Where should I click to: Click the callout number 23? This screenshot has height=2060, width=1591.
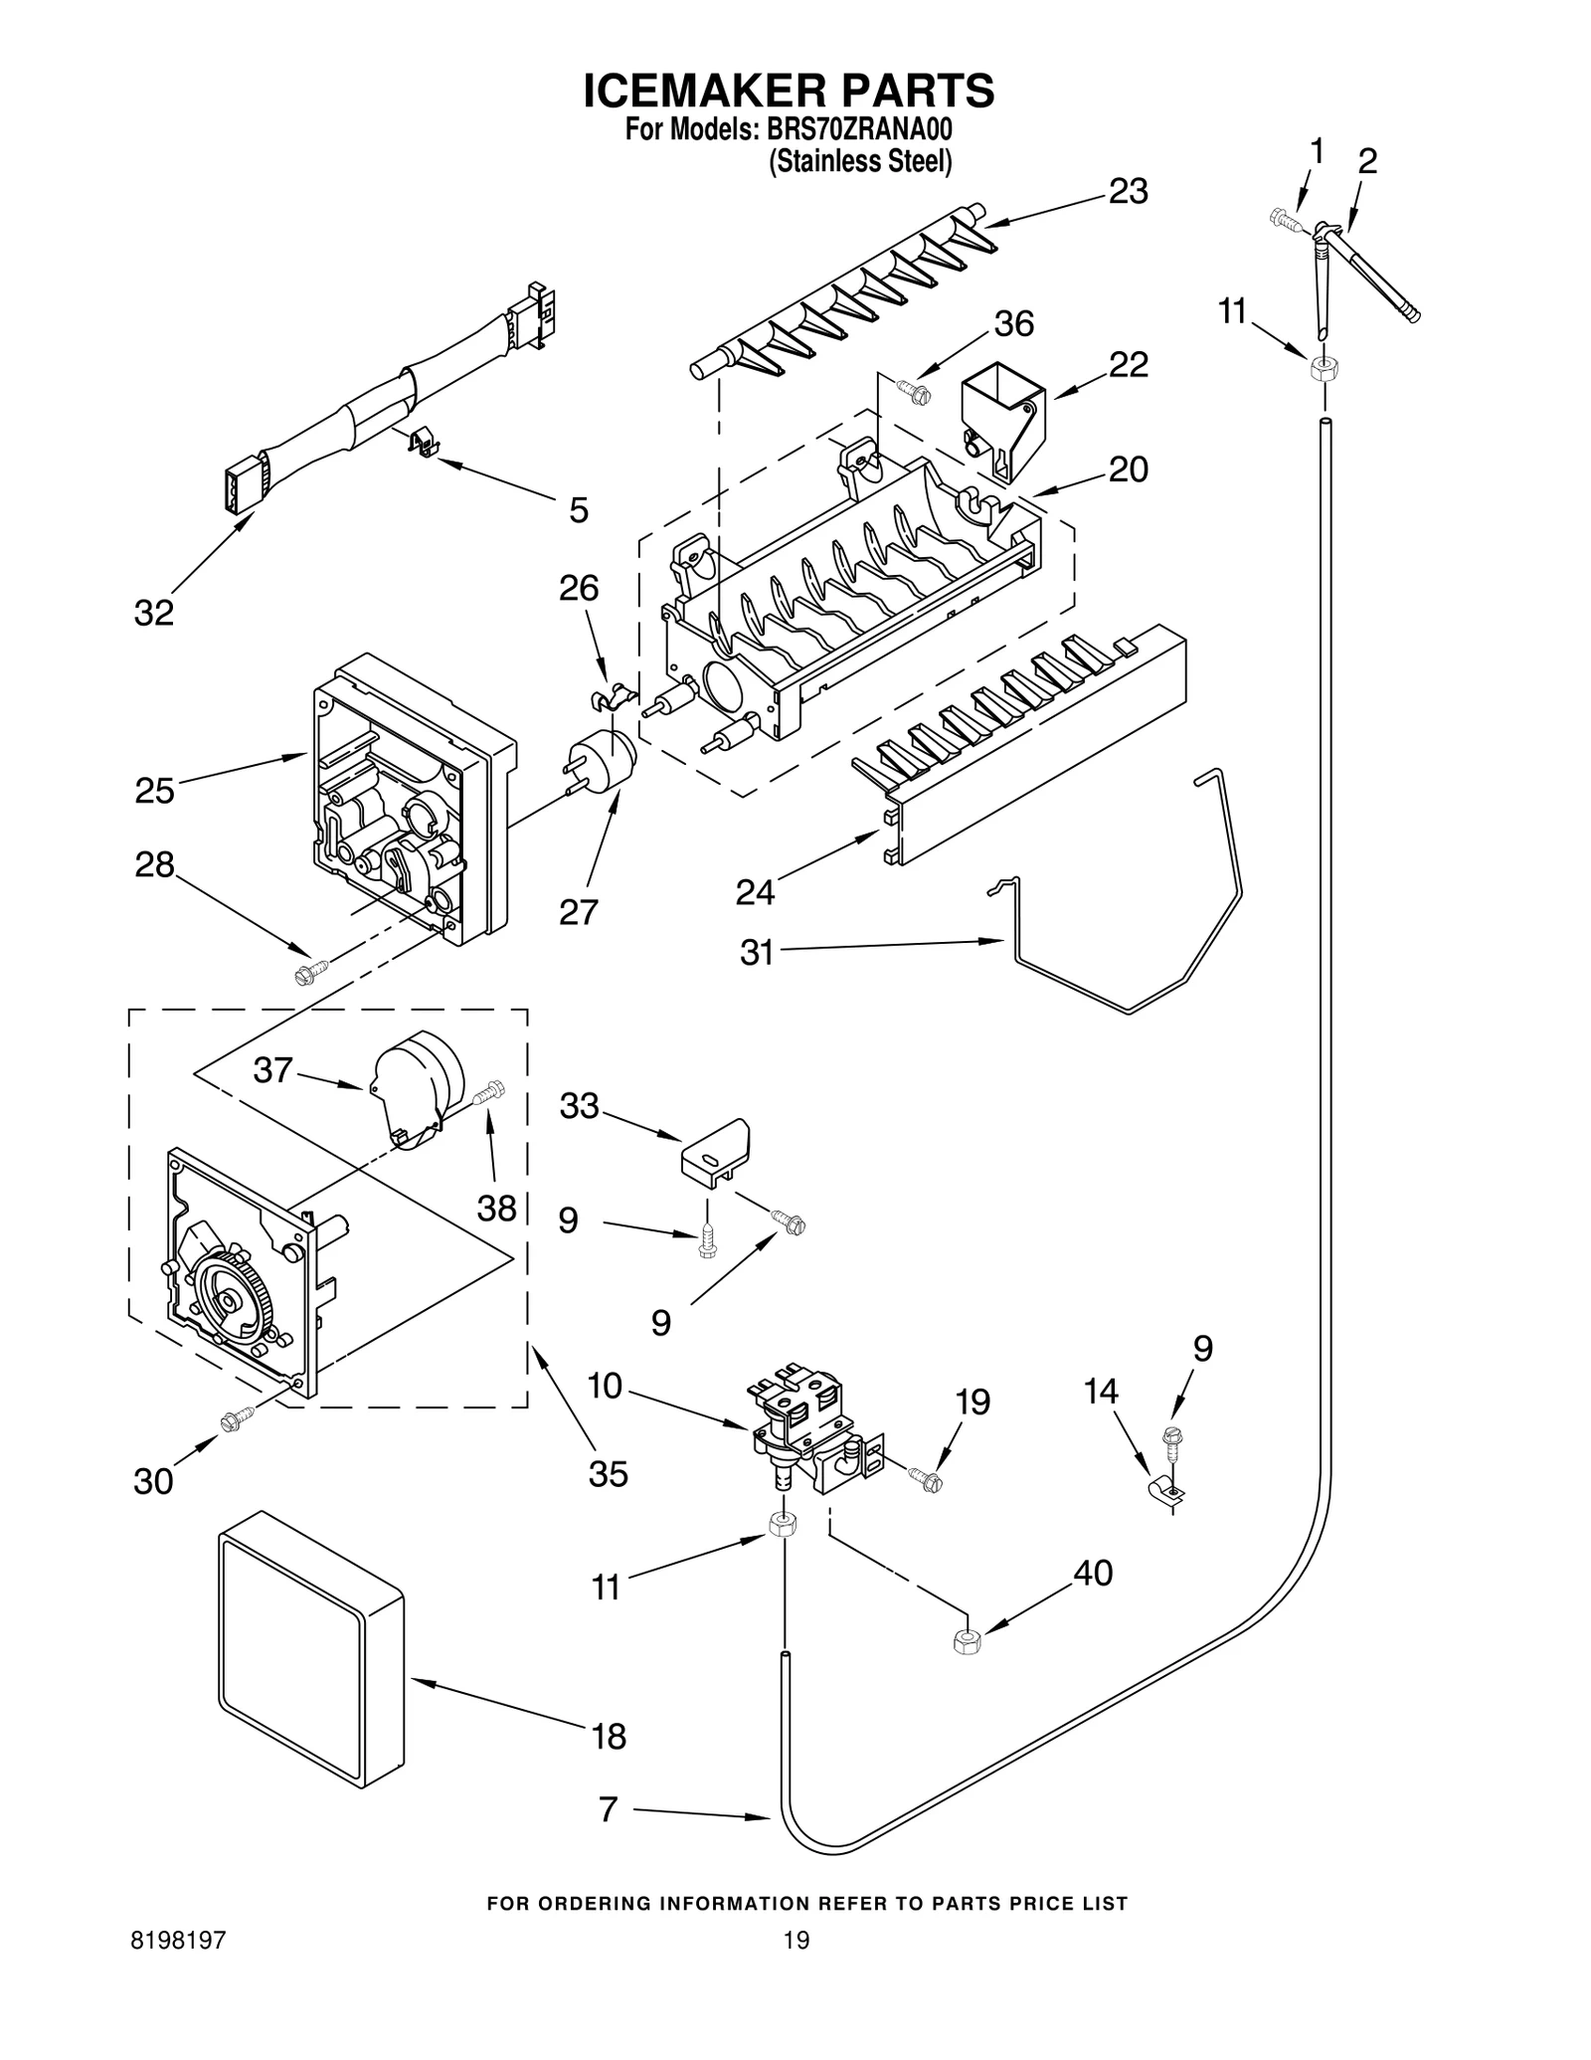click(1128, 190)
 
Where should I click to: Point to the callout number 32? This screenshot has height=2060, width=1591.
click(154, 613)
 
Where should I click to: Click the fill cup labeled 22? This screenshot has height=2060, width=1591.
click(1001, 419)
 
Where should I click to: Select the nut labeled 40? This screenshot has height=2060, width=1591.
click(964, 1642)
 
